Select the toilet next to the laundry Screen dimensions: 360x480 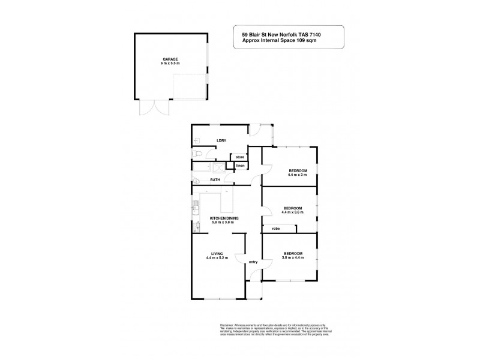click(x=196, y=154)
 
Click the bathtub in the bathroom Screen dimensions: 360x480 click(x=205, y=169)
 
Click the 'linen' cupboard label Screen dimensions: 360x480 click(x=240, y=166)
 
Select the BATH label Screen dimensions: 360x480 click(x=215, y=180)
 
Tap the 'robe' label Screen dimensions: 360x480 click(x=276, y=228)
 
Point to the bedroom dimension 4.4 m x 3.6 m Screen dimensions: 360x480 click(x=292, y=212)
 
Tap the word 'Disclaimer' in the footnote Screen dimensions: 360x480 click(x=222, y=323)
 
